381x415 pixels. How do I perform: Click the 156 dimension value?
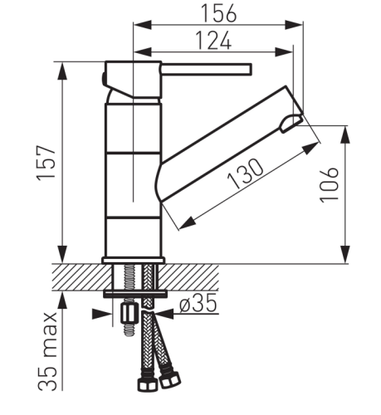[218, 13]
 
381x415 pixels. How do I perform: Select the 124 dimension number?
[213, 40]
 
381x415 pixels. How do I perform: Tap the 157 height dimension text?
[46, 163]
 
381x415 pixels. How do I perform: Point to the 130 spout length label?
[245, 173]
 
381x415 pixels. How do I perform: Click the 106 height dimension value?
[329, 185]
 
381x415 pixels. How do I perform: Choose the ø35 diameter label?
[198, 303]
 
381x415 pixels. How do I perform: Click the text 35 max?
[47, 351]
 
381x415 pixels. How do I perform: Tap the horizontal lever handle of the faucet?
[206, 69]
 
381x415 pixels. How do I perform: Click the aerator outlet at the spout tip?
[291, 123]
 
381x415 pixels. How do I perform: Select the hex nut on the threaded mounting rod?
[129, 313]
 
